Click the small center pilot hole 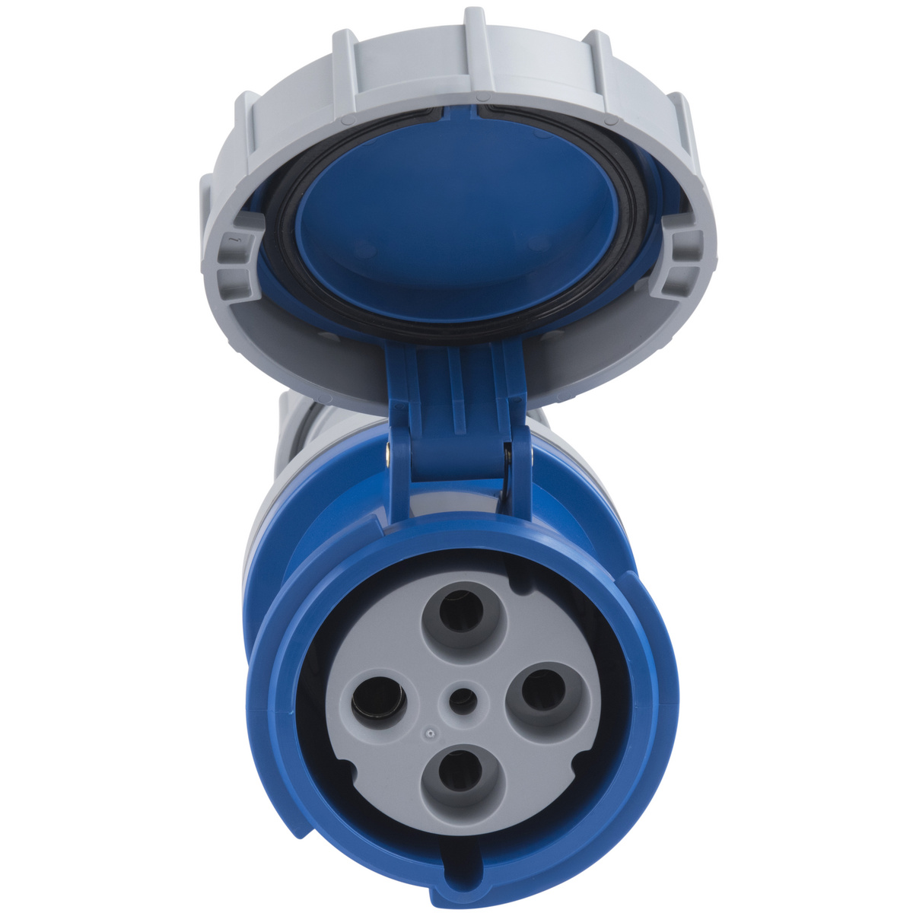[461, 699]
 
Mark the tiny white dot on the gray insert [430, 734]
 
